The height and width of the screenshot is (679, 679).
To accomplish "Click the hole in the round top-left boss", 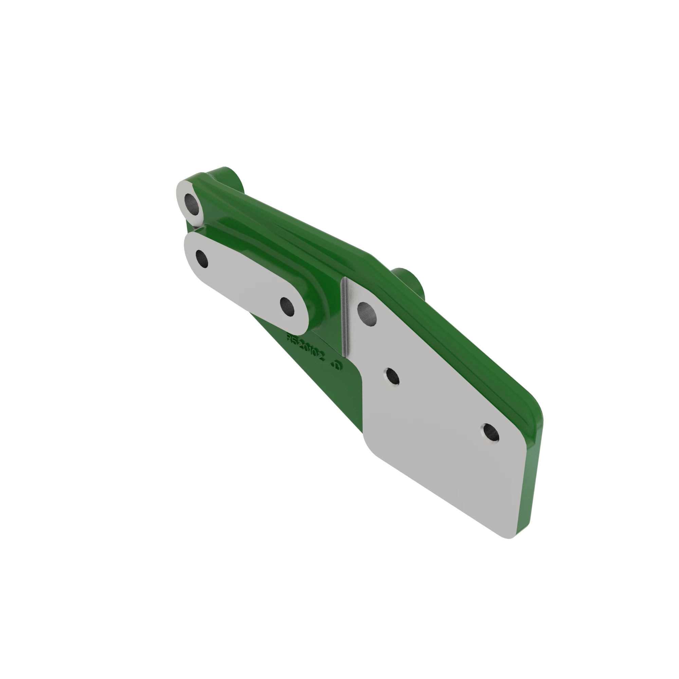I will (x=191, y=204).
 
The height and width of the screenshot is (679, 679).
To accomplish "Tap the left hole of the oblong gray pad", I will (x=202, y=259).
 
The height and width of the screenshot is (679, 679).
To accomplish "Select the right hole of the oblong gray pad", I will (x=288, y=307).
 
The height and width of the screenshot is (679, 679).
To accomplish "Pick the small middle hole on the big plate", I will (x=392, y=377).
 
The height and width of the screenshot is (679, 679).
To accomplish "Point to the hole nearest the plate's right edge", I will (x=491, y=433).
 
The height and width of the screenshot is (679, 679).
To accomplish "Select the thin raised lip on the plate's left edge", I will (x=346, y=316).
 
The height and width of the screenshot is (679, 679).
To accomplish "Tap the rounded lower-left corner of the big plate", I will (x=369, y=446).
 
